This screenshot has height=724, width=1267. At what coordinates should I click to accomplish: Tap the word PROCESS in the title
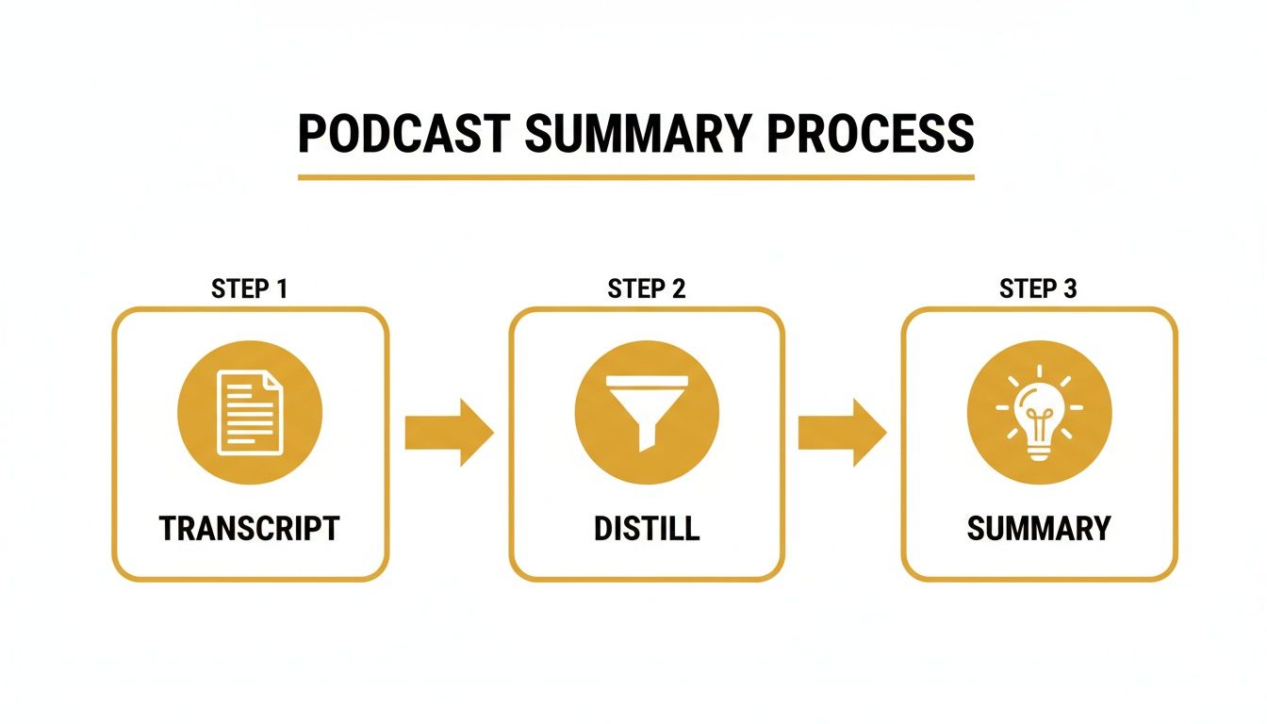869,135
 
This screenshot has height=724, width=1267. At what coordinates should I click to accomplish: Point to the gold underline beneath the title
635,176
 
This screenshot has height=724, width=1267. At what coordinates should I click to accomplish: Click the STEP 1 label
249,289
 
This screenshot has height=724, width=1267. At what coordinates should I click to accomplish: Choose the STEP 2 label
647,289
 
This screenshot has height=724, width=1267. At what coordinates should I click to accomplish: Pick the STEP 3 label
1038,289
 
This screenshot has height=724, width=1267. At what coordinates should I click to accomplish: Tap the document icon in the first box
250,412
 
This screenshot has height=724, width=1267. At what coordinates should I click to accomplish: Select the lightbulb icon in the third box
1039,412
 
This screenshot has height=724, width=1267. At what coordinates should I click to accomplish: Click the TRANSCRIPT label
249,529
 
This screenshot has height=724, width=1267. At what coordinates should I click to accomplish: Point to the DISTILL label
647,529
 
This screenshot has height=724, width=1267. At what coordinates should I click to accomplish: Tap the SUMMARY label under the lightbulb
1039,529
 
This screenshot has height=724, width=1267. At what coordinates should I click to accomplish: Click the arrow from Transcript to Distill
449,432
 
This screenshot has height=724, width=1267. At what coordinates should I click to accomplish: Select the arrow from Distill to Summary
842,432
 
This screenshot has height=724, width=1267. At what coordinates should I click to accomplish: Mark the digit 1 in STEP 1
280,289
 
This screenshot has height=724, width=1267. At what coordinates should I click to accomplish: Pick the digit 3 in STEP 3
1069,289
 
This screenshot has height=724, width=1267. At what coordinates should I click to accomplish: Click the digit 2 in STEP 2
678,289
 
